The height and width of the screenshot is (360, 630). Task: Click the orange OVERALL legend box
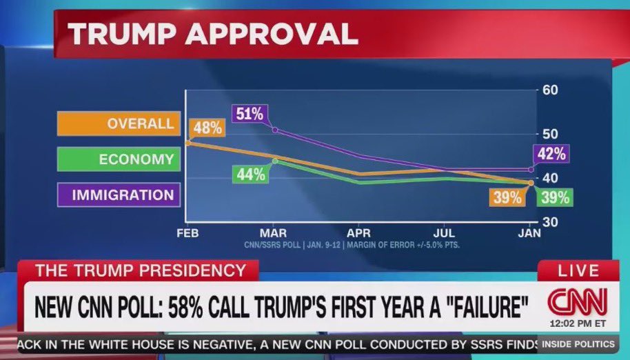pyautogui.click(x=118, y=124)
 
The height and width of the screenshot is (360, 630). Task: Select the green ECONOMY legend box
pyautogui.click(x=118, y=159)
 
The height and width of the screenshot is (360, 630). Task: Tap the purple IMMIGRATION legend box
pyautogui.click(x=118, y=195)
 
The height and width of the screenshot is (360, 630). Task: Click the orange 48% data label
pyautogui.click(x=207, y=128)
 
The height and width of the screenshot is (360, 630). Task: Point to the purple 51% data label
pyautogui.click(x=249, y=114)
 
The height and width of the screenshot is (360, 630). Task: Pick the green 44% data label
pyautogui.click(x=251, y=174)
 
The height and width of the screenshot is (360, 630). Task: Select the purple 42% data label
pyautogui.click(x=551, y=154)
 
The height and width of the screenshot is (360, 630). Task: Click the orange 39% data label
pyautogui.click(x=507, y=197)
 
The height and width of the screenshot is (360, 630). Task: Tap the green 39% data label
pyautogui.click(x=555, y=197)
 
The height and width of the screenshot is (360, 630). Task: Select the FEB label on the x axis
pyautogui.click(x=187, y=234)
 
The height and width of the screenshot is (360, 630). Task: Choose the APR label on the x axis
pyautogui.click(x=358, y=234)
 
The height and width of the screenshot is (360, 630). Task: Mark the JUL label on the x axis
pyautogui.click(x=445, y=234)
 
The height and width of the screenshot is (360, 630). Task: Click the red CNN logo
pyautogui.click(x=578, y=301)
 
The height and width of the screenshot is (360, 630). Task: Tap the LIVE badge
pyautogui.click(x=577, y=270)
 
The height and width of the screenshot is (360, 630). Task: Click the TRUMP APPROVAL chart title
pyautogui.click(x=213, y=32)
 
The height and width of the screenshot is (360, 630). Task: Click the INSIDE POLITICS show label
pyautogui.click(x=578, y=343)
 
